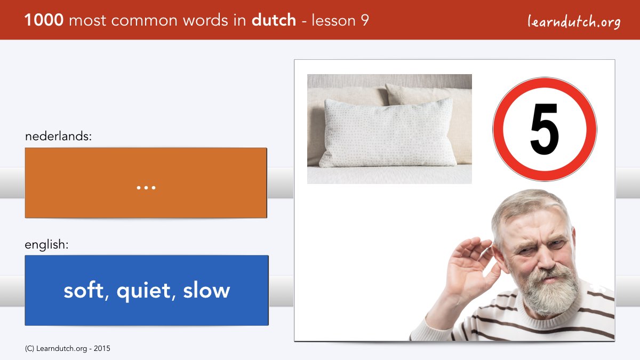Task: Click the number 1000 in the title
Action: pyautogui.click(x=44, y=20)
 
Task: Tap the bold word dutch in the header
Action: pyautogui.click(x=274, y=20)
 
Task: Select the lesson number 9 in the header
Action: pyautogui.click(x=365, y=20)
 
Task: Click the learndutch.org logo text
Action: pyautogui.click(x=574, y=21)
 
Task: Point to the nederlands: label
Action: pyautogui.click(x=58, y=136)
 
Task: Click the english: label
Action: pyautogui.click(x=46, y=245)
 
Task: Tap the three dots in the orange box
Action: pyautogui.click(x=146, y=188)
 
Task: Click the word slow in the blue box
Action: pyautogui.click(x=206, y=290)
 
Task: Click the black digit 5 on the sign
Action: pyautogui.click(x=545, y=129)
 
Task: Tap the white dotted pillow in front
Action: pyautogui.click(x=387, y=133)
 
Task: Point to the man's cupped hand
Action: pyautogui.click(x=469, y=266)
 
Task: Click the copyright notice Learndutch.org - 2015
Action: pyautogui.click(x=67, y=349)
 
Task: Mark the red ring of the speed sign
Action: pyautogui.click(x=497, y=129)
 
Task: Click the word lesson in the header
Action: pyautogui.click(x=333, y=20)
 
